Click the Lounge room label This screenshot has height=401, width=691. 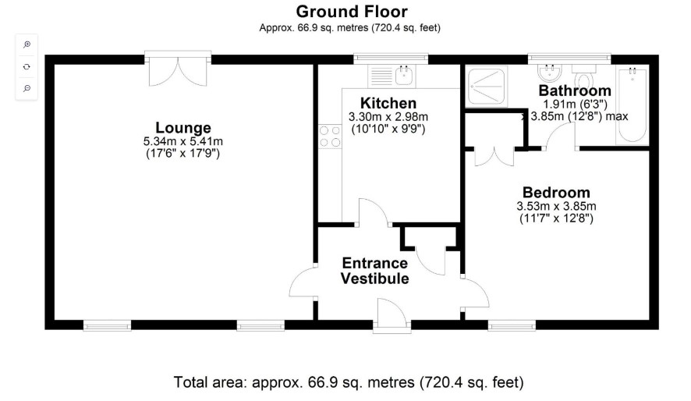(183, 128)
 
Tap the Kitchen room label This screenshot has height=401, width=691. (388, 103)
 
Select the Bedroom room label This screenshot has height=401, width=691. (556, 193)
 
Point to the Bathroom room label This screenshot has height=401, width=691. (575, 90)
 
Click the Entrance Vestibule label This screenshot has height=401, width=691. (375, 271)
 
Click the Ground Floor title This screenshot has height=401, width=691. (352, 11)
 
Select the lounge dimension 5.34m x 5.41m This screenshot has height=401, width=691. (183, 141)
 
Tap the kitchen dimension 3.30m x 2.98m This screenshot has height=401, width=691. (388, 117)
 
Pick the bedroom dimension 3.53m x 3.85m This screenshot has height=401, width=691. (556, 206)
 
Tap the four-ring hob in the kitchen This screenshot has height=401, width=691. (330, 137)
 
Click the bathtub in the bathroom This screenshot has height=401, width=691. (633, 106)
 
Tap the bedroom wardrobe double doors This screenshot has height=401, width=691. (494, 157)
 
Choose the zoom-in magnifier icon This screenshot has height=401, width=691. (27, 44)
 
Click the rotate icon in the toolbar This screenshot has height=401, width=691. (27, 66)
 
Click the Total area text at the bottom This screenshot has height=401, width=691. (349, 382)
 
